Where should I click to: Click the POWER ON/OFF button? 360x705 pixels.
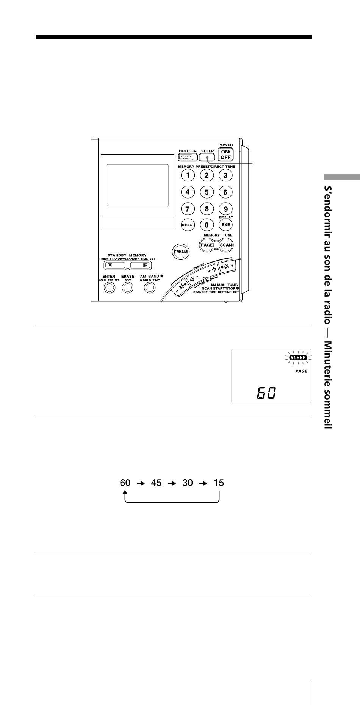coord(225,155)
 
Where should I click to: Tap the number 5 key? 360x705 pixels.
coord(207,192)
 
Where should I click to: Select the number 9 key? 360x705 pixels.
coord(225,209)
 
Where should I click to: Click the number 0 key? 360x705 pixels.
coord(207,225)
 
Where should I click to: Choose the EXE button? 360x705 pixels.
coord(225,225)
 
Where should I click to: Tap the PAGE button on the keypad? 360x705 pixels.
coord(207,245)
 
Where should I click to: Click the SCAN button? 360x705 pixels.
coord(226,245)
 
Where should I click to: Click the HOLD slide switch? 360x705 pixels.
coord(188,157)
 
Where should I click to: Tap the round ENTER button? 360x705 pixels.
coord(109,288)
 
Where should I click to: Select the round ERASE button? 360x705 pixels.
coord(128,288)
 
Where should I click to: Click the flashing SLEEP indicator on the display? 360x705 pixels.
coord(298,357)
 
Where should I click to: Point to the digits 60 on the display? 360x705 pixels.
coord(266,393)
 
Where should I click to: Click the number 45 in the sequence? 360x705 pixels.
coord(156,483)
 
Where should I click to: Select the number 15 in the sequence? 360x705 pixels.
coord(219,483)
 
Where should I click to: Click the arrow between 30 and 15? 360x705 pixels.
coord(203,483)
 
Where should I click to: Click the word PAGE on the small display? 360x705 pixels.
coord(302,371)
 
